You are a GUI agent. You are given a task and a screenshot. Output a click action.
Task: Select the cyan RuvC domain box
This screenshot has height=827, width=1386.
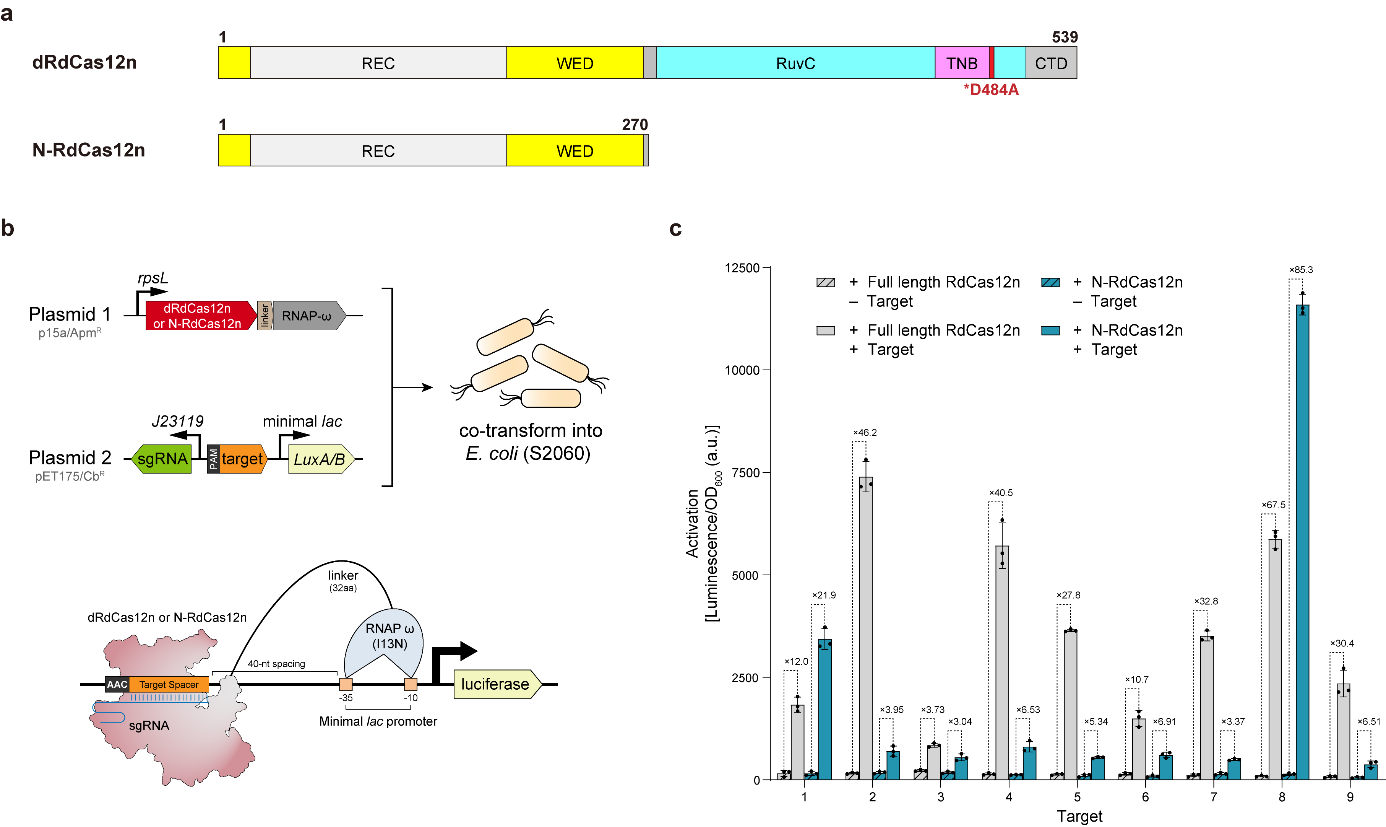pos(795,63)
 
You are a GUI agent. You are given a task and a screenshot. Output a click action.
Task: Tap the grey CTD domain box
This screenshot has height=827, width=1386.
pos(1051,63)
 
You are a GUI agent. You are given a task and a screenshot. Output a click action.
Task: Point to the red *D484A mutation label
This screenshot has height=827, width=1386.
pos(991,90)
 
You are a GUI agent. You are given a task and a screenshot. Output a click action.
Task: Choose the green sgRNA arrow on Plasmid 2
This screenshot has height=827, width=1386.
pos(161,459)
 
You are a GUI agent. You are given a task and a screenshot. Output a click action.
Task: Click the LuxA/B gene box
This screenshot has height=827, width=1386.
pos(320,459)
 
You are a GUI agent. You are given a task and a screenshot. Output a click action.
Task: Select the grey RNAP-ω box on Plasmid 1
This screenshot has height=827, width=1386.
pos(307,316)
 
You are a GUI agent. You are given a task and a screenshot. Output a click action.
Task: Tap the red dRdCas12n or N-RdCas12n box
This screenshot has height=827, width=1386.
pos(197,316)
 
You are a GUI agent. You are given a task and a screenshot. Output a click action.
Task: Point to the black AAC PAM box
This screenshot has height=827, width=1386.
pos(117,684)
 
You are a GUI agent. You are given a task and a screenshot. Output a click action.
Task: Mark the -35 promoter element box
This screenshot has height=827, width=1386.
pos(346,684)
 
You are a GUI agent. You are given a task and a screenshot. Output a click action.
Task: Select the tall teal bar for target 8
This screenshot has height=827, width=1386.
pos(1302,540)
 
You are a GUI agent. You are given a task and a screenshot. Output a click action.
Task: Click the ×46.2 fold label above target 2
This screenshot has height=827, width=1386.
pos(865,433)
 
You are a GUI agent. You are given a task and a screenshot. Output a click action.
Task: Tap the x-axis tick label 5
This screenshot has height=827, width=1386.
pos(1077,796)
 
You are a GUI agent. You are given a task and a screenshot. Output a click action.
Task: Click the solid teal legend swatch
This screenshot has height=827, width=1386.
pos(1050,330)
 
